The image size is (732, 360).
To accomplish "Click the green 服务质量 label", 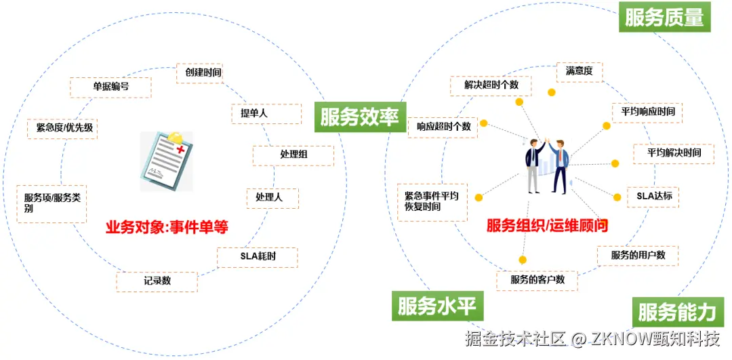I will click(664, 17).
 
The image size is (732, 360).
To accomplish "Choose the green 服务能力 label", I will click(676, 312).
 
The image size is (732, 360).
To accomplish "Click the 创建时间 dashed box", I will click(199, 73).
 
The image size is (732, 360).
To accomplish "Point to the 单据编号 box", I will click(110, 87).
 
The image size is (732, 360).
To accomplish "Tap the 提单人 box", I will click(266, 114).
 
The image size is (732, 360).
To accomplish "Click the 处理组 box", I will click(293, 155).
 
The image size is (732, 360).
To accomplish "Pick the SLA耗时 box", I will click(258, 257).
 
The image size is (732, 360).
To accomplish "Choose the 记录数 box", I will click(157, 281).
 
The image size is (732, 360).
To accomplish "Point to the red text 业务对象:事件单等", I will click(167, 226).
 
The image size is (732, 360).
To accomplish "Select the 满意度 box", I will click(579, 71).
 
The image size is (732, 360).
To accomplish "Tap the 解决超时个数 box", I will click(491, 85).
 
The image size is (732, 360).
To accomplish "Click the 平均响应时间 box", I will click(647, 112).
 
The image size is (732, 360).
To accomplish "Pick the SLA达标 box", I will click(653, 196).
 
